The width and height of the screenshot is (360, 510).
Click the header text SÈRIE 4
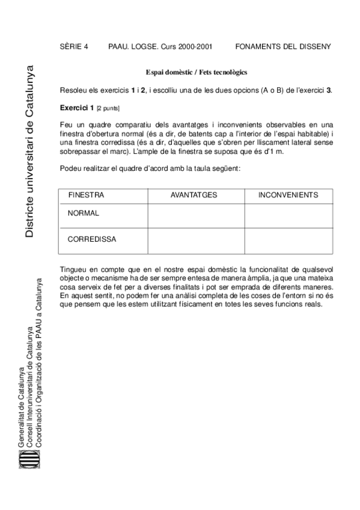point(74,46)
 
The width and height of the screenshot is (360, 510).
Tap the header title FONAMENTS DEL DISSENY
point(283,46)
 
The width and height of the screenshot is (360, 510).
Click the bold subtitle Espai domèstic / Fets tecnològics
point(197,72)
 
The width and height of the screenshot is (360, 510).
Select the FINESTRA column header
point(86,195)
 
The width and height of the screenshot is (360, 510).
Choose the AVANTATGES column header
point(194,195)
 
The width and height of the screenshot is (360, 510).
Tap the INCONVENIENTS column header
point(288,195)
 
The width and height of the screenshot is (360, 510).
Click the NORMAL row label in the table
point(84,213)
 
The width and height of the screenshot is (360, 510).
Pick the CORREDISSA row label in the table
point(92,239)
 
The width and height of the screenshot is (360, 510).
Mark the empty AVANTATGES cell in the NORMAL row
point(195,216)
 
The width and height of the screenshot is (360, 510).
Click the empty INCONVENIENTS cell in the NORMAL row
point(288,216)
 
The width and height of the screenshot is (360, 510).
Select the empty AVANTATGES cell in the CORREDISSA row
point(195,241)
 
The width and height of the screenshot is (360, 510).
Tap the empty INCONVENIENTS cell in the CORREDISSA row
point(288,241)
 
